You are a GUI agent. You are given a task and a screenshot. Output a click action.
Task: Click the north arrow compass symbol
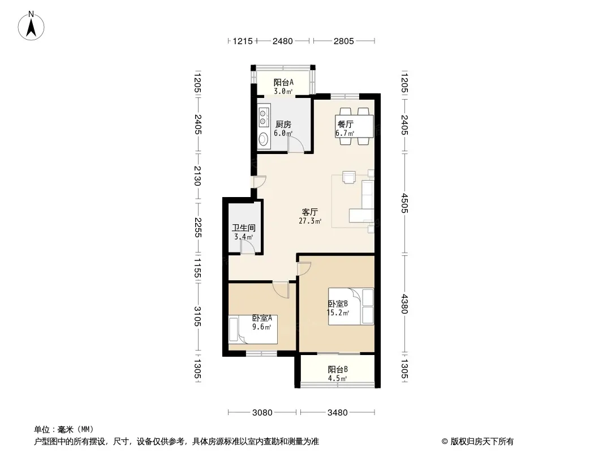click(31, 26)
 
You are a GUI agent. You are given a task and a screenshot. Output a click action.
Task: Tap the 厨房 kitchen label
click(283, 125)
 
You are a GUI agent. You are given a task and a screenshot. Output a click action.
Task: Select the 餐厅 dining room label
click(346, 125)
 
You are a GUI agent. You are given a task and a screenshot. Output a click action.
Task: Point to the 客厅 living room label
click(310, 212)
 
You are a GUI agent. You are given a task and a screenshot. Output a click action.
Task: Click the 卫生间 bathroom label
click(244, 228)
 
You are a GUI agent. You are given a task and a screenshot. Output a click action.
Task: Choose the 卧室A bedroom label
click(262, 318)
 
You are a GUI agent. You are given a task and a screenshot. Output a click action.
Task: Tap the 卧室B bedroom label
click(338, 304)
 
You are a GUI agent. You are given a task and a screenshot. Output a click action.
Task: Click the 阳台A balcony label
click(284, 82)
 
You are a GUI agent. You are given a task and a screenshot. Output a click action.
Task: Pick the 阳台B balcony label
click(338, 370)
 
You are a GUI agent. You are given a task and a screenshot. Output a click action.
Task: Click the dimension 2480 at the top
click(283, 41)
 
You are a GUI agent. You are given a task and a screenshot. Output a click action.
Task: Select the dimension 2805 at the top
click(343, 41)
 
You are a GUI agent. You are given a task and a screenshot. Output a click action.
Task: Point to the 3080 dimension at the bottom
click(262, 413)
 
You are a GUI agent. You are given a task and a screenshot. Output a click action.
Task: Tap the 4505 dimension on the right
click(404, 203)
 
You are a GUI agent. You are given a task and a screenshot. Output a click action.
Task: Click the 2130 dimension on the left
click(197, 176)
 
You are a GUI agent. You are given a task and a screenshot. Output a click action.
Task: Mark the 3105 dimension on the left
click(197, 317)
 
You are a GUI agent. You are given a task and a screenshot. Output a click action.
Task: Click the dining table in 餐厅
click(354, 126)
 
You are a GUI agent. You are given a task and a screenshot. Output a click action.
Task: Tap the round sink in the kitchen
click(263, 138)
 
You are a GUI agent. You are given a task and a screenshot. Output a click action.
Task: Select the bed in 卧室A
click(253, 330)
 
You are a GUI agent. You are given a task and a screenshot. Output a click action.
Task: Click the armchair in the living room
click(349, 177)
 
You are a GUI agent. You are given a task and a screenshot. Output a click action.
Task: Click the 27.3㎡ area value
click(310, 221)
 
